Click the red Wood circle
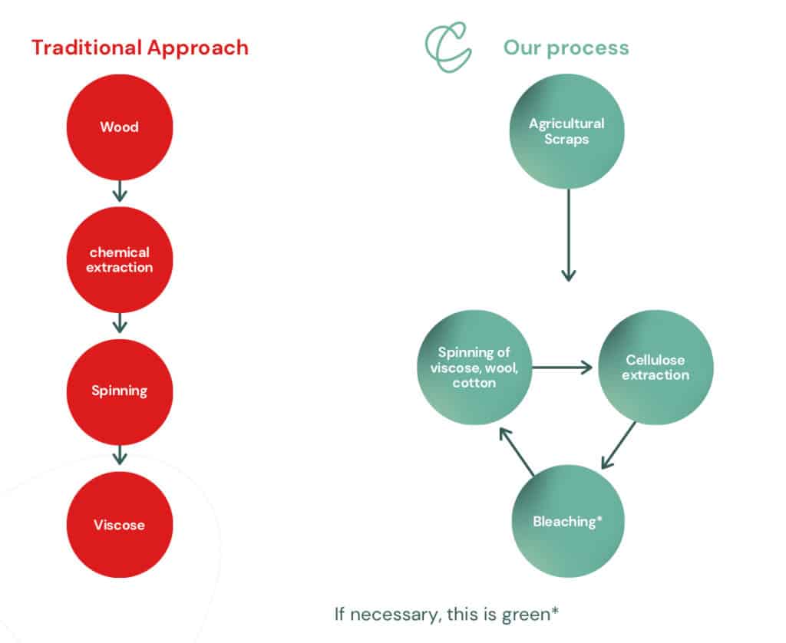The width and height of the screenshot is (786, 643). tap(120, 127)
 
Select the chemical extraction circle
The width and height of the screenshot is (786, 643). tap(120, 259)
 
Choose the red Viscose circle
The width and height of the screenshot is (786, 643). tap(120, 525)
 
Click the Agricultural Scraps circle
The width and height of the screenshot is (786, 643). tap(567, 131)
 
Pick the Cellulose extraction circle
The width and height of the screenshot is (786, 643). tap(656, 368)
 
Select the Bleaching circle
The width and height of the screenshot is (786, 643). tap(568, 521)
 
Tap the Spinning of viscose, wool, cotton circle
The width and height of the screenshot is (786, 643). tap(474, 368)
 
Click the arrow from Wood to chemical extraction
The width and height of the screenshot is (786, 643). tap(119, 191)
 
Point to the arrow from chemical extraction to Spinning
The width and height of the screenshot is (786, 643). tap(119, 323)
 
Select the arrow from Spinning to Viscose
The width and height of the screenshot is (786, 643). tap(119, 455)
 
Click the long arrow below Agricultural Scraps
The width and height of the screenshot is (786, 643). tap(569, 235)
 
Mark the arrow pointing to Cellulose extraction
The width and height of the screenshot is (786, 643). tap(562, 368)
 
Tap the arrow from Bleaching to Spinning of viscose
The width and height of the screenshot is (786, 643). tap(517, 451)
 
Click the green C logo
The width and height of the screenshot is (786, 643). tap(447, 47)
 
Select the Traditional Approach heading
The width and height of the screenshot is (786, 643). tap(140, 48)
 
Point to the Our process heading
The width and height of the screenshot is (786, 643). tap(566, 48)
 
